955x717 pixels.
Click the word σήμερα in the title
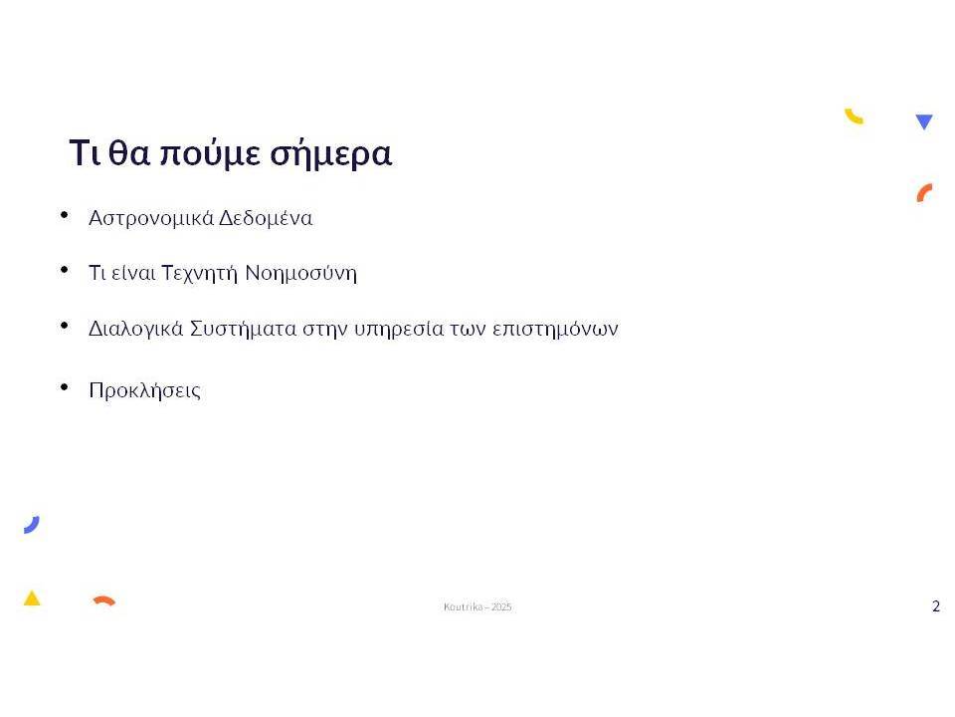point(330,153)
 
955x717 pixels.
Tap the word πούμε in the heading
point(209,153)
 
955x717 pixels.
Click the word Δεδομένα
point(266,218)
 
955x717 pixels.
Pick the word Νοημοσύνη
point(300,273)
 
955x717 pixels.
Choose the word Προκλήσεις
point(145,390)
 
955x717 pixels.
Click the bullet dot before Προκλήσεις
point(65,386)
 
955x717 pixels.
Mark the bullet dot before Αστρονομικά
point(65,215)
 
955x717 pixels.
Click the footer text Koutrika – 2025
point(477,606)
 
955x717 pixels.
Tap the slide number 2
point(936,606)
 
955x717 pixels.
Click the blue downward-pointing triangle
point(924,120)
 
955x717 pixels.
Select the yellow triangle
point(32,598)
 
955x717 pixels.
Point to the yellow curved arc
point(853,118)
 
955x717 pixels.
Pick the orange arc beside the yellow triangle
point(104,600)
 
